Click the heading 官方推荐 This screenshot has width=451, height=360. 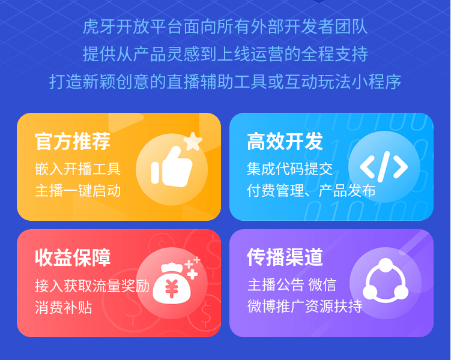[73, 142]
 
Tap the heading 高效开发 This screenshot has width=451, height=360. [285, 142]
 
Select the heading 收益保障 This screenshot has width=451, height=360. [73, 257]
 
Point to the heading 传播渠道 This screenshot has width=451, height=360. [285, 257]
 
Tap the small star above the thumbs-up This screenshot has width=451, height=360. [192, 142]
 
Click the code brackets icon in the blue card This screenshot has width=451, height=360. [383, 166]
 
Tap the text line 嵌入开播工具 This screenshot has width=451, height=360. [77, 169]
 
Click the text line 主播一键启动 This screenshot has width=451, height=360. [77, 191]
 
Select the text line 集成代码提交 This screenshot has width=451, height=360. [289, 169]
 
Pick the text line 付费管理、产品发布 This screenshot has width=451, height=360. [311, 191]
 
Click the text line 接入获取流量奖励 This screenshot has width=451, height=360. [92, 285]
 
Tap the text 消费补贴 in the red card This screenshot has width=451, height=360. [63, 307]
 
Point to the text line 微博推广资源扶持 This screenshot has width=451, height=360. [304, 307]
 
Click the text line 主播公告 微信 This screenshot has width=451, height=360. [291, 284]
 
